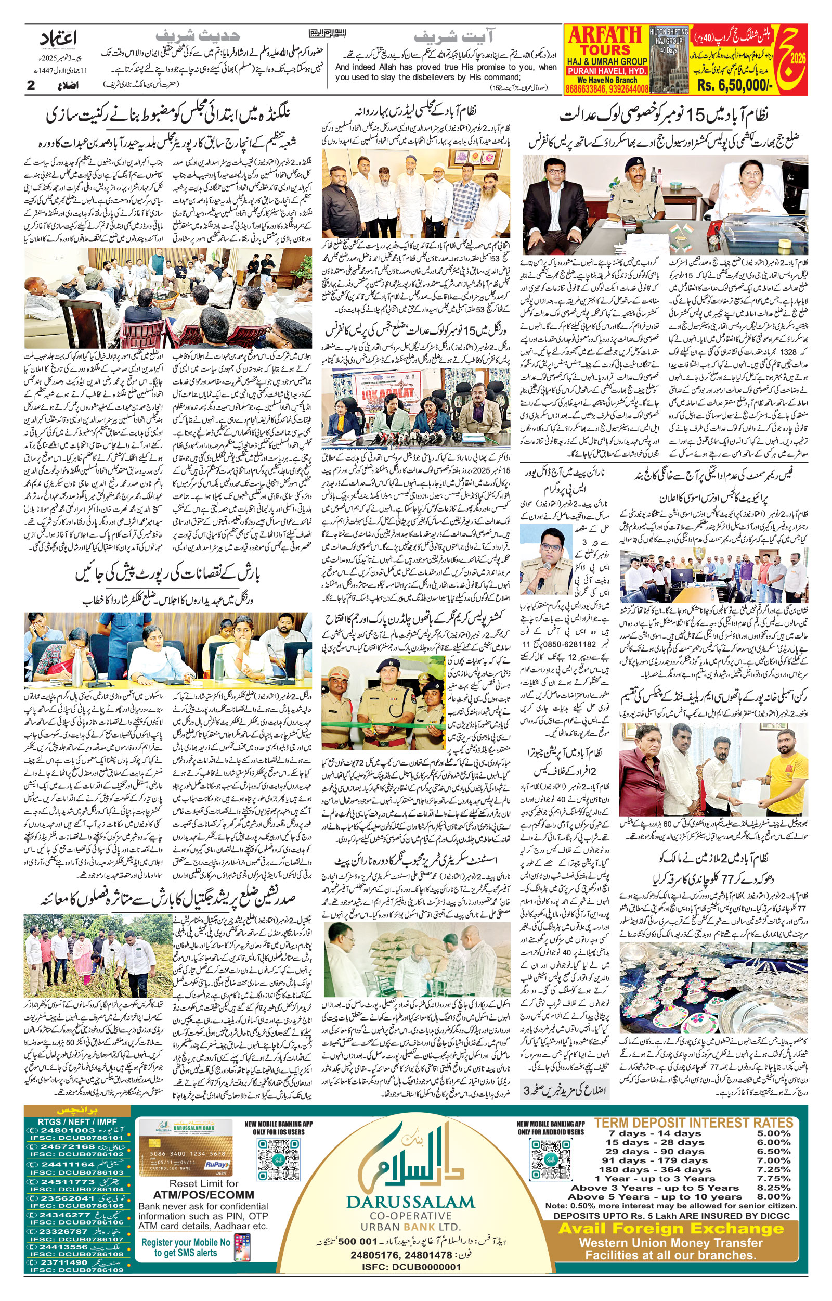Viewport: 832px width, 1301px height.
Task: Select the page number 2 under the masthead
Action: point(30,85)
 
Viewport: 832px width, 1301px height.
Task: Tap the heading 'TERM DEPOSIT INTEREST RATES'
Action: point(693,1123)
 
